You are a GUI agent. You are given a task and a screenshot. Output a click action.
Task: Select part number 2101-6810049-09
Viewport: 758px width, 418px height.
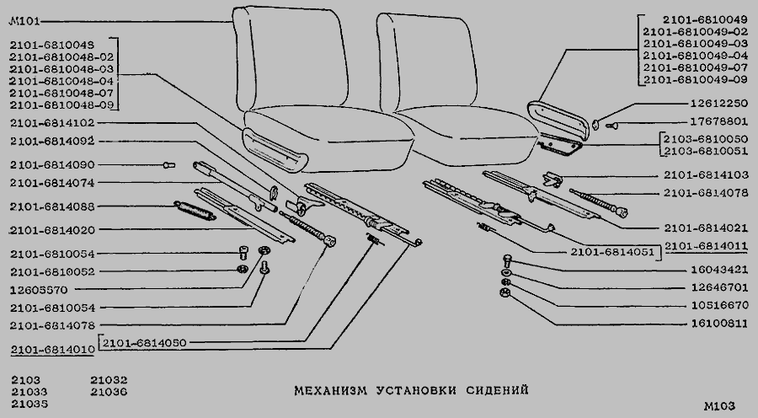point(695,80)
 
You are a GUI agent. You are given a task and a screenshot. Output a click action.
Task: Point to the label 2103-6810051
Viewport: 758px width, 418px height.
point(706,152)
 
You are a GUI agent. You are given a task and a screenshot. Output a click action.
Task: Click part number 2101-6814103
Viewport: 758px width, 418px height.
point(706,175)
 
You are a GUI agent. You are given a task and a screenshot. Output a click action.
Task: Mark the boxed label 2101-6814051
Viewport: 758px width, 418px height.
point(607,251)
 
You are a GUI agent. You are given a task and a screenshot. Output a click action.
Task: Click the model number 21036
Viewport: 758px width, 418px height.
point(109,392)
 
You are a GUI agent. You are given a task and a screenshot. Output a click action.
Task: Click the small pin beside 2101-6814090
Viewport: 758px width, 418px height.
point(169,165)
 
